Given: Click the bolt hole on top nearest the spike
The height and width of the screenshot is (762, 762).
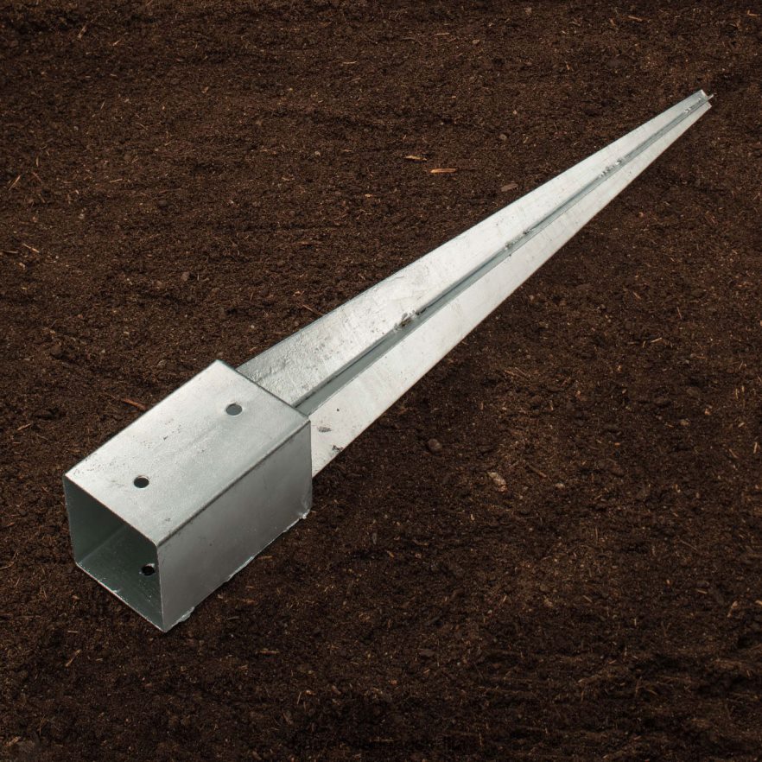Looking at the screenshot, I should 234,409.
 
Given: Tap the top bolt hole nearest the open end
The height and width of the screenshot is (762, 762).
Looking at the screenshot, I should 141,481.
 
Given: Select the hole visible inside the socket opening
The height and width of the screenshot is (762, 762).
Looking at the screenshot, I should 148,569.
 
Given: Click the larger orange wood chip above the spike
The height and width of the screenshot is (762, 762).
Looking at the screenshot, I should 442,170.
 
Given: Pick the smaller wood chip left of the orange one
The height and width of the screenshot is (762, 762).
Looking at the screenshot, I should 416,157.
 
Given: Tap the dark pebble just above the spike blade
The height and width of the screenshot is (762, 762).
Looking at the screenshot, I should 508,187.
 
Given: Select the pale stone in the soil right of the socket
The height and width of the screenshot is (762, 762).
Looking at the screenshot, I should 498,479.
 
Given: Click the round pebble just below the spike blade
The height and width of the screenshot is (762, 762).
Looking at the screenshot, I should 433,445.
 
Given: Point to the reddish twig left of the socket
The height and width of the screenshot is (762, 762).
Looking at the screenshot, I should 134,403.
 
